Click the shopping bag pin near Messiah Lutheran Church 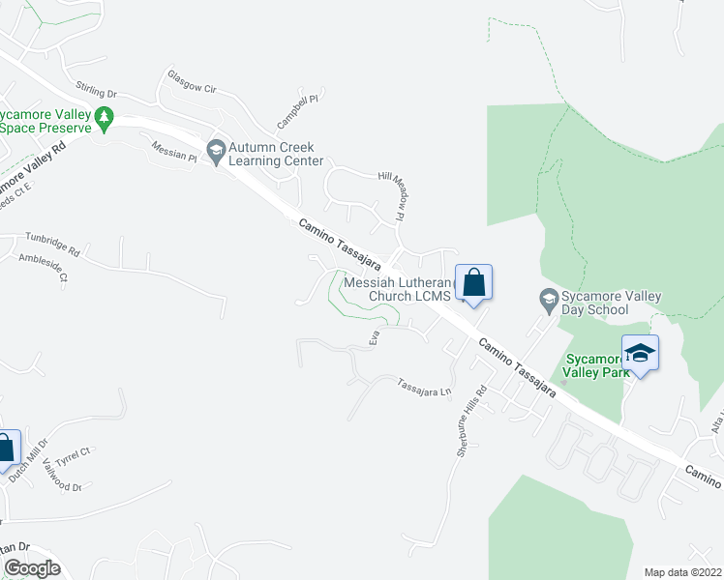(x=473, y=284)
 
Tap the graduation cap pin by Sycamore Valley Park (x=640, y=353)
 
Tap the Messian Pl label (x=174, y=152)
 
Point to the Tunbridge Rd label (x=52, y=243)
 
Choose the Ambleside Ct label (x=45, y=267)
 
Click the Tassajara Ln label (x=424, y=389)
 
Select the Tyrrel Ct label (x=73, y=451)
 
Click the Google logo (x=31, y=568)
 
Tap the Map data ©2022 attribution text (x=683, y=572)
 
